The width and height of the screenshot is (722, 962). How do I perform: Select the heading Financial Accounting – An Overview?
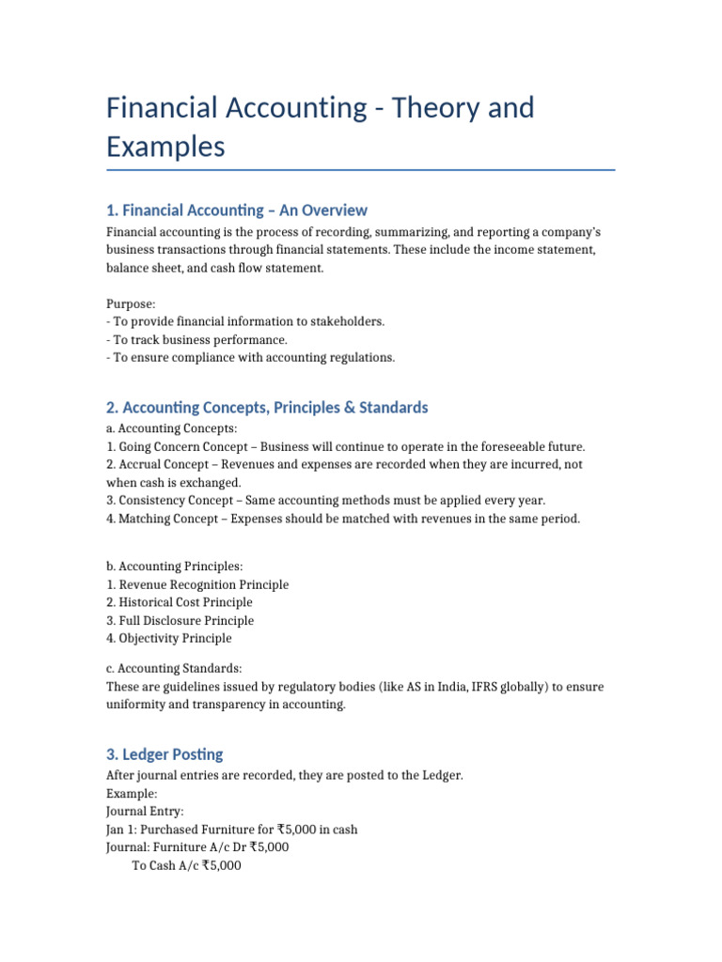pyautogui.click(x=237, y=209)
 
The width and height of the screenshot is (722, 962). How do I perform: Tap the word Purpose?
pyautogui.click(x=131, y=303)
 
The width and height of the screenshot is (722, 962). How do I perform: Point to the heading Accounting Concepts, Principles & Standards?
pyautogui.click(x=267, y=407)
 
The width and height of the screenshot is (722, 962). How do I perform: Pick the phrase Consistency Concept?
pyautogui.click(x=176, y=501)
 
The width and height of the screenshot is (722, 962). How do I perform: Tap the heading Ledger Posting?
pyautogui.click(x=165, y=754)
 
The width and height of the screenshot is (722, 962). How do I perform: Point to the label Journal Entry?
pyautogui.click(x=146, y=811)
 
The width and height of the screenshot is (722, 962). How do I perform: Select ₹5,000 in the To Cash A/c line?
pyautogui.click(x=222, y=866)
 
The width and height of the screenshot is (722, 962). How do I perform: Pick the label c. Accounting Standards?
pyautogui.click(x=174, y=669)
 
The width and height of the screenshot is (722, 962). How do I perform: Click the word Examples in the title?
pyautogui.click(x=165, y=147)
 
